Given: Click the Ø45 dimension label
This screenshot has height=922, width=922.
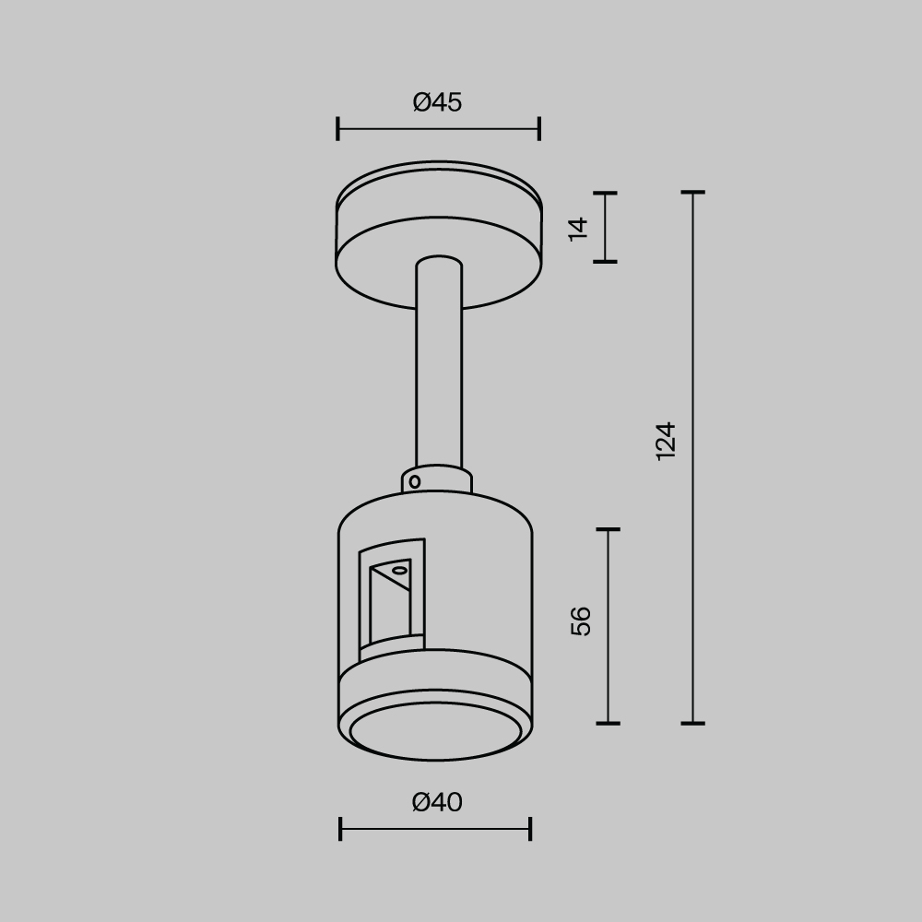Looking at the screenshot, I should (x=437, y=102).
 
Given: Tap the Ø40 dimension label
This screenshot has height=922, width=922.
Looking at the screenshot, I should (x=437, y=803).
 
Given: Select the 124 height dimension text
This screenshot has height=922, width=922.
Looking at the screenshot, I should (x=666, y=441).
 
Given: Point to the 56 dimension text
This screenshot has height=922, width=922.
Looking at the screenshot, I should (x=581, y=621).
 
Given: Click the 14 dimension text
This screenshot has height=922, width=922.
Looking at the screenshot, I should (x=578, y=228).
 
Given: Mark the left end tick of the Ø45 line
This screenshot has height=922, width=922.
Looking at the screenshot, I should (x=338, y=129).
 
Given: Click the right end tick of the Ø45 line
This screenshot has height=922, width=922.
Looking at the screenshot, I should (x=539, y=129).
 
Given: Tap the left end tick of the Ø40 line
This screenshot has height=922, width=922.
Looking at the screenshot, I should (x=340, y=829).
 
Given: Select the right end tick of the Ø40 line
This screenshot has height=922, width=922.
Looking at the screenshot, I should (x=530, y=829).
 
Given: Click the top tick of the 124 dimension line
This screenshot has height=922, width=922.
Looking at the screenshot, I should (x=692, y=193).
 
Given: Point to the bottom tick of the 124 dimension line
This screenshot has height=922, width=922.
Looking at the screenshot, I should (x=692, y=723).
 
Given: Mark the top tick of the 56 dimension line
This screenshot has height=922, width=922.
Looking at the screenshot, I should (x=608, y=530).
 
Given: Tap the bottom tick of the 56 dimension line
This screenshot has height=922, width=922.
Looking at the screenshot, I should (x=608, y=723).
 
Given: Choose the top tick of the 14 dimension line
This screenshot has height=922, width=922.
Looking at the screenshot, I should (x=605, y=194).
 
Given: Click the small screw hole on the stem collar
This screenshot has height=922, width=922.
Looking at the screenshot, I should (x=415, y=481).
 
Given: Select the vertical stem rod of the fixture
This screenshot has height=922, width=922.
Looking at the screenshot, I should (x=439, y=369).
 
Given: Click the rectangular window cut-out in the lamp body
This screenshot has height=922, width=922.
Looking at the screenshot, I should (x=392, y=599).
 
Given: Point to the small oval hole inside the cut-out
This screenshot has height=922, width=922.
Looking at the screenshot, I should (x=399, y=572).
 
